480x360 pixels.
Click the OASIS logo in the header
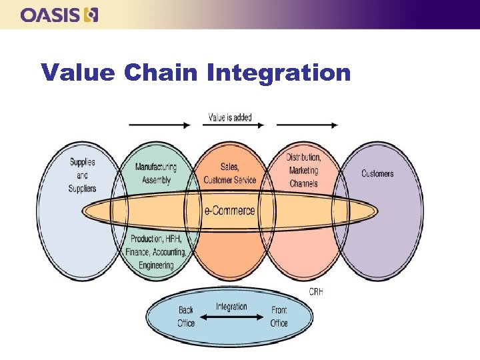[59, 15]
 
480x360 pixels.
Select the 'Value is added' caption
[230, 118]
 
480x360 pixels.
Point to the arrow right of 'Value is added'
[307, 124]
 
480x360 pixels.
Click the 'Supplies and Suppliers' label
[82, 175]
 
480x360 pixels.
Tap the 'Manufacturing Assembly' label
[156, 173]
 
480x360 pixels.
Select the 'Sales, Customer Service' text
[230, 173]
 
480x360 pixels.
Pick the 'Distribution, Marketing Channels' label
[304, 170]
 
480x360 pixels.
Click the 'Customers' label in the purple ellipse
[377, 173]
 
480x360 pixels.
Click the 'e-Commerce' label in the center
[229, 211]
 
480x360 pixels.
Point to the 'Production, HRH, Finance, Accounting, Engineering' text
[156, 252]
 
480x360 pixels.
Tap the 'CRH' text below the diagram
[316, 291]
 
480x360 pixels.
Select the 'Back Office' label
[186, 317]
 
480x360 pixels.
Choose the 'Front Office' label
[279, 317]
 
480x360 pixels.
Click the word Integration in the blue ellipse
[231, 307]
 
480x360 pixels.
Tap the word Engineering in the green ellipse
[156, 265]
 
